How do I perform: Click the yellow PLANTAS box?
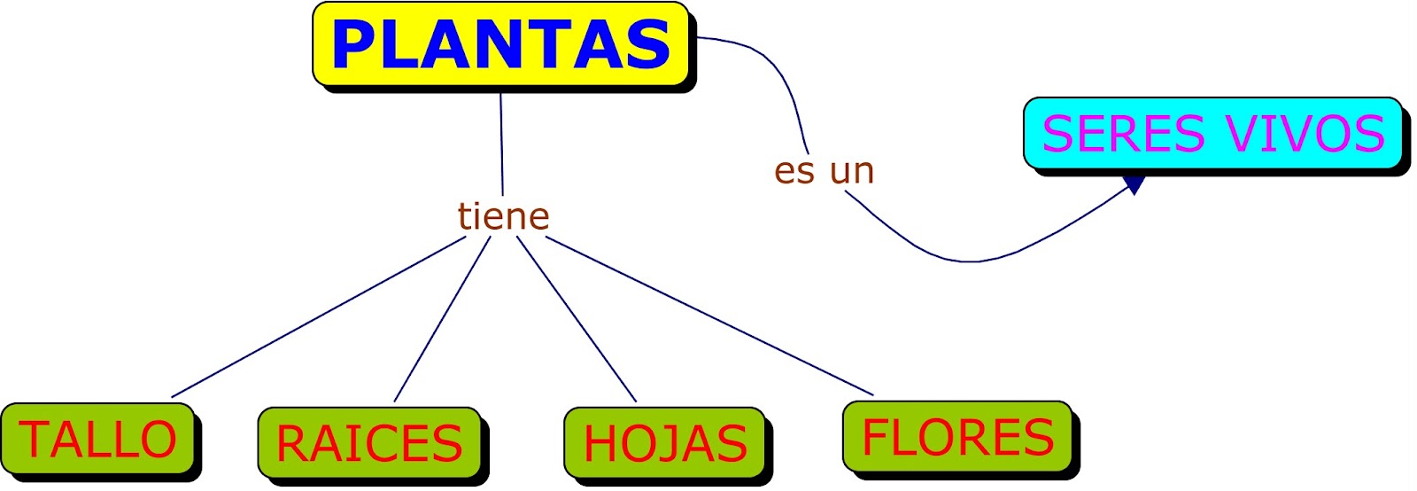501,44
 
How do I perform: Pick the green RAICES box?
369,443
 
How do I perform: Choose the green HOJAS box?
665,444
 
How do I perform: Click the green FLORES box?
957,437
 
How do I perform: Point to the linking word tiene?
503,216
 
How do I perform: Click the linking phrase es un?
824,170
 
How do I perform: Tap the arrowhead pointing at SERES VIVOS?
1133,185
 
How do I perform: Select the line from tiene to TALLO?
319,316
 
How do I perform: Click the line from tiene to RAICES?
442,319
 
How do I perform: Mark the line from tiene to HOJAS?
577,319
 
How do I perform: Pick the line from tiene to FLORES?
708,316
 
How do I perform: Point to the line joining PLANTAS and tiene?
501,142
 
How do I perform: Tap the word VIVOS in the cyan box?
1305,134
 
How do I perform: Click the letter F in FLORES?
876,437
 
